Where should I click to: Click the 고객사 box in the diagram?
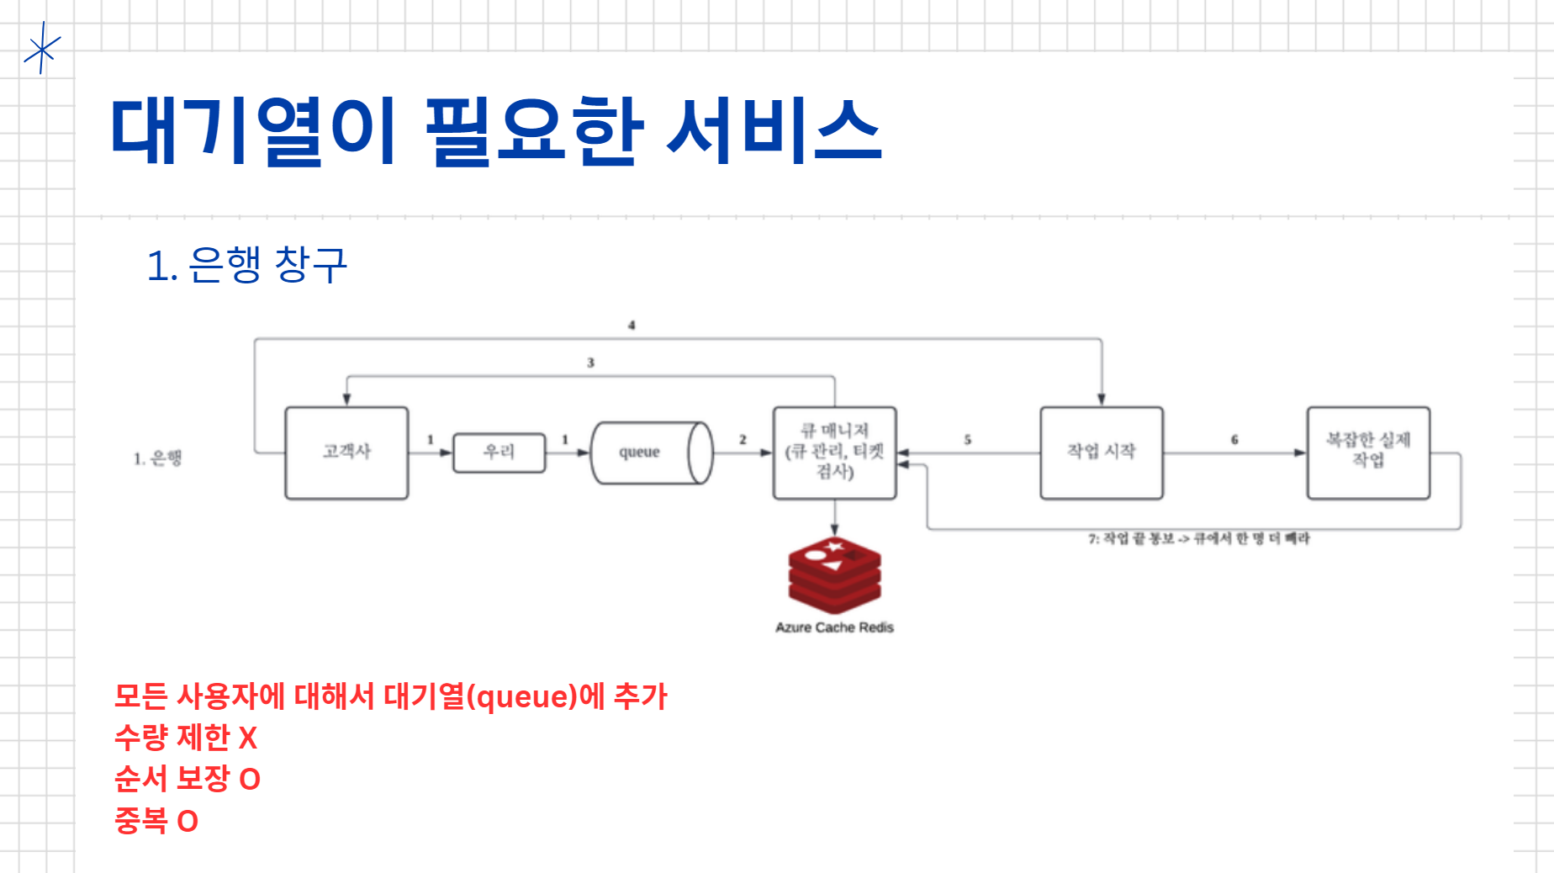pyautogui.click(x=346, y=452)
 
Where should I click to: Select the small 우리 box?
pyautogui.click(x=499, y=452)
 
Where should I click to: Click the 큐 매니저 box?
pyautogui.click(x=834, y=452)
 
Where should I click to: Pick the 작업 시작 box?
pyautogui.click(x=1101, y=452)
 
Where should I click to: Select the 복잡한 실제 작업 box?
pyautogui.click(x=1368, y=452)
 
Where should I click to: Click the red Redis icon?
pyautogui.click(x=834, y=575)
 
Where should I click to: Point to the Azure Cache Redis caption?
pyautogui.click(x=834, y=627)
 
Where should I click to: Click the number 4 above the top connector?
pyautogui.click(x=632, y=325)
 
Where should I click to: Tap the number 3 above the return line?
pyautogui.click(x=590, y=362)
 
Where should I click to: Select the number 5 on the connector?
pyautogui.click(x=967, y=439)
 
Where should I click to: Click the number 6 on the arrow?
pyautogui.click(x=1234, y=439)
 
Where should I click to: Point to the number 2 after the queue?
pyautogui.click(x=743, y=439)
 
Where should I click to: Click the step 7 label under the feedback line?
pyautogui.click(x=1198, y=538)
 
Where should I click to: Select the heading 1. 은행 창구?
pyautogui.click(x=246, y=265)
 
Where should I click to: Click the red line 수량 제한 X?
pyautogui.click(x=186, y=738)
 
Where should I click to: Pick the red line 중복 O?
pyautogui.click(x=156, y=820)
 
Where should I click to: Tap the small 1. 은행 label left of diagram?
pyautogui.click(x=157, y=458)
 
